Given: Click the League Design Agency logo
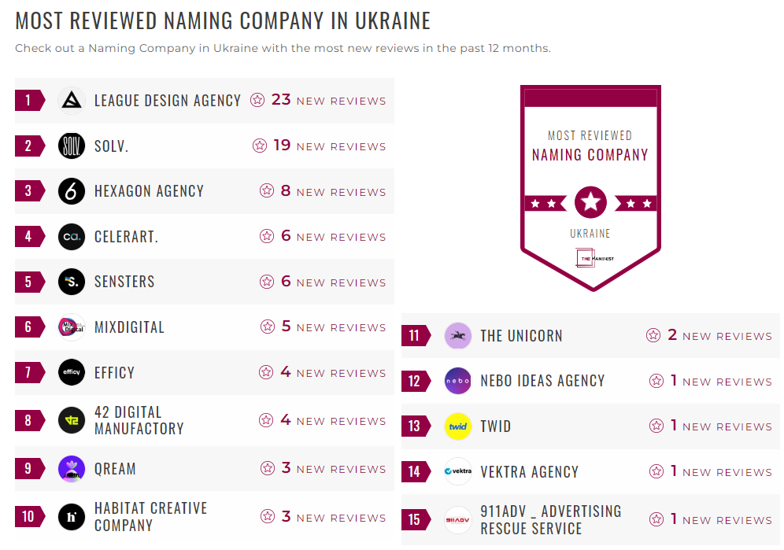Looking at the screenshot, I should click(x=72, y=101).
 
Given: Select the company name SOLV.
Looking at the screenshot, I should click(x=111, y=146).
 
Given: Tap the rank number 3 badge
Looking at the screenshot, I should click(x=29, y=191).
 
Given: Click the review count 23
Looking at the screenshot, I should click(x=281, y=100).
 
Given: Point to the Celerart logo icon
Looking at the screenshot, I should click(x=72, y=237).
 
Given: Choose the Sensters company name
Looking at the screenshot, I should click(x=124, y=282).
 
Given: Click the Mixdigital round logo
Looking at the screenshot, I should click(x=72, y=327).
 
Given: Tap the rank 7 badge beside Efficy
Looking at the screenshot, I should click(x=29, y=372).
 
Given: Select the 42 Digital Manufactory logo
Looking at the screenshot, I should click(x=72, y=420).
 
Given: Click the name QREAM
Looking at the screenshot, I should click(x=115, y=469).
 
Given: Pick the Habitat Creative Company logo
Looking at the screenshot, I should click(x=72, y=517).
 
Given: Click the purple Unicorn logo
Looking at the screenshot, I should click(x=458, y=336).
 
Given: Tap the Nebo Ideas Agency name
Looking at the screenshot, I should click(x=542, y=381).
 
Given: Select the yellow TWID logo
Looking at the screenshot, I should click(x=458, y=426).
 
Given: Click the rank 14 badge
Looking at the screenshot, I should click(x=416, y=472).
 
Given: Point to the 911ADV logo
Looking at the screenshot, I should click(x=458, y=520).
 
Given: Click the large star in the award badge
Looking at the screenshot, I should click(x=590, y=203).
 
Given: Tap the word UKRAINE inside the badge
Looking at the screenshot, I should click(x=590, y=234).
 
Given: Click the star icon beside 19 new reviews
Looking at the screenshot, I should click(x=260, y=146).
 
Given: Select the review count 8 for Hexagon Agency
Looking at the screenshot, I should click(x=286, y=191).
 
